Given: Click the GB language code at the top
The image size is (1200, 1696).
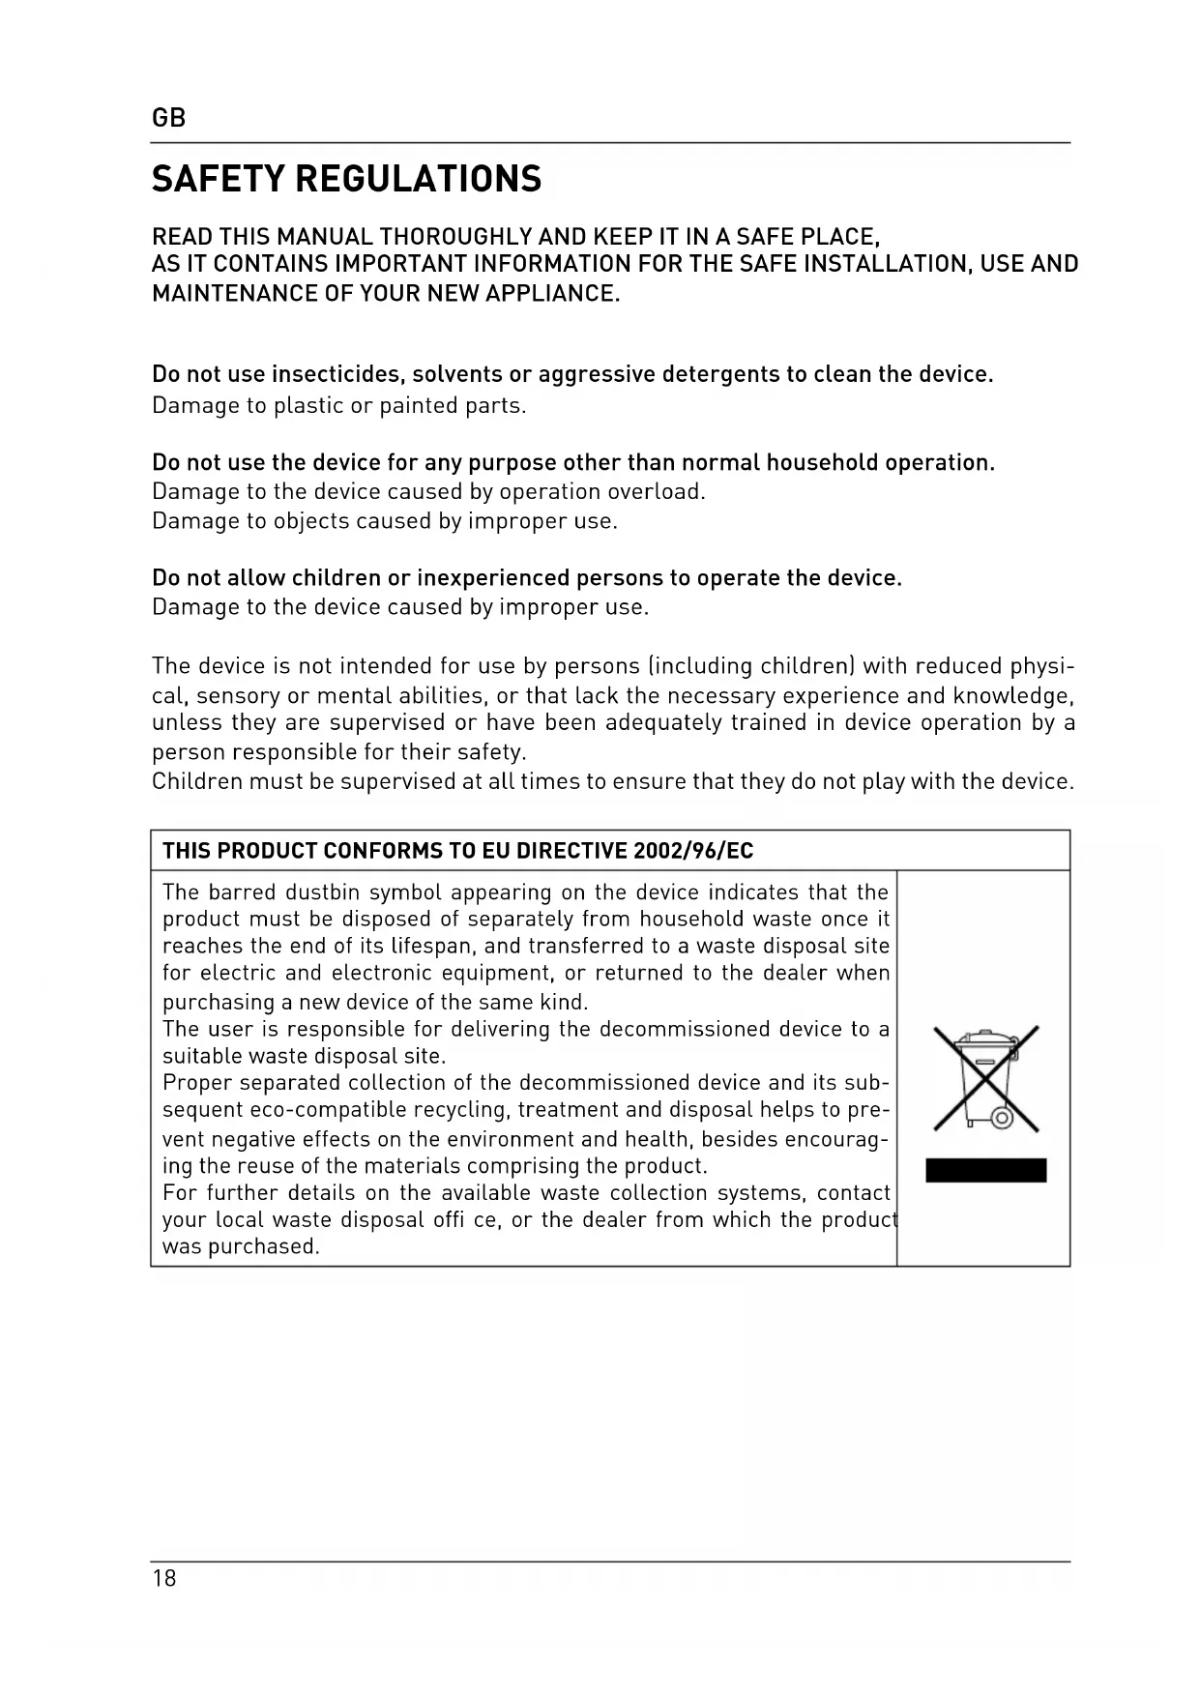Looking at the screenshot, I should click(168, 118).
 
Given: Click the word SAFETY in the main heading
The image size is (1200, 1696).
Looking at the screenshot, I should click(219, 179).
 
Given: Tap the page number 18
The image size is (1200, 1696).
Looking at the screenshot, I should click(164, 1578).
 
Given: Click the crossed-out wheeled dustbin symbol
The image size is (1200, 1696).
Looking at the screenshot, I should click(985, 1078).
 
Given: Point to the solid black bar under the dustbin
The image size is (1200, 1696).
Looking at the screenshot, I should click(985, 1170).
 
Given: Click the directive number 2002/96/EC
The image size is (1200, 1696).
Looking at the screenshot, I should click(692, 851).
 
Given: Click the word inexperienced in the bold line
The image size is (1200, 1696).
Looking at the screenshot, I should click(493, 578).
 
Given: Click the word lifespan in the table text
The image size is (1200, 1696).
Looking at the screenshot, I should click(432, 946).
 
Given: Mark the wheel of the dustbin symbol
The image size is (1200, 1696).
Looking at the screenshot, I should click(1002, 1119).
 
